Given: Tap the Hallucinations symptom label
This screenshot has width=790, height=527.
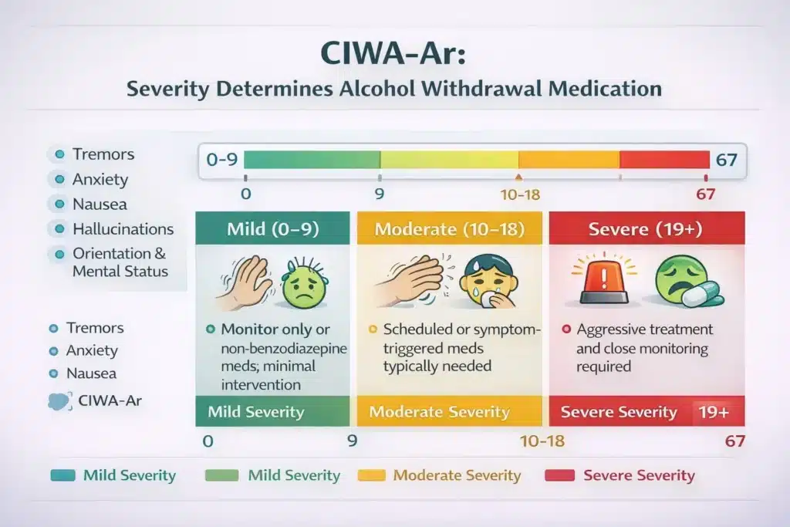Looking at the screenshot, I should click(123, 229).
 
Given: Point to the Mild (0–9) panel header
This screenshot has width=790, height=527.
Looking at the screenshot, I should click(272, 229).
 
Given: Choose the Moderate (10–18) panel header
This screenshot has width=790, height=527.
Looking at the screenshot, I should click(449, 229).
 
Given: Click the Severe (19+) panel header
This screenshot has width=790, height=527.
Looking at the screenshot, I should click(647, 229).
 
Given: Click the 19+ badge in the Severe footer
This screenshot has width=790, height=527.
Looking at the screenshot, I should click(714, 412).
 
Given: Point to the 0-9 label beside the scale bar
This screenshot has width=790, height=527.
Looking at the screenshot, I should click(222, 160).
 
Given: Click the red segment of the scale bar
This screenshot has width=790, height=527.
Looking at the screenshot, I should click(663, 160).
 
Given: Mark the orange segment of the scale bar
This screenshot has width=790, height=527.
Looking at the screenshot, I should click(569, 160).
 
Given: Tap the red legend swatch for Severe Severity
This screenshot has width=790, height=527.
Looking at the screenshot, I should click(559, 476).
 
